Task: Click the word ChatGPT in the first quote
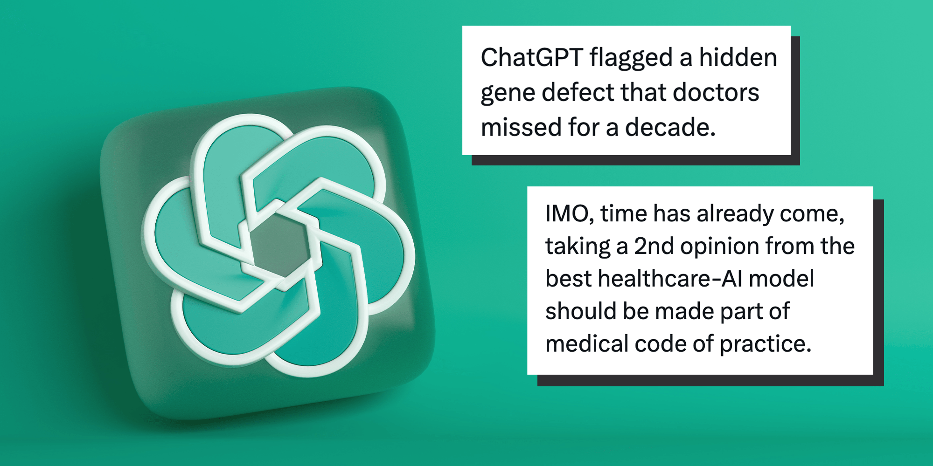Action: (x=532, y=58)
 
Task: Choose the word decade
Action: (x=670, y=127)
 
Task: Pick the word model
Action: (x=781, y=279)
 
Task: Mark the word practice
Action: (x=766, y=344)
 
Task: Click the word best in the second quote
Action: (x=569, y=279)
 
